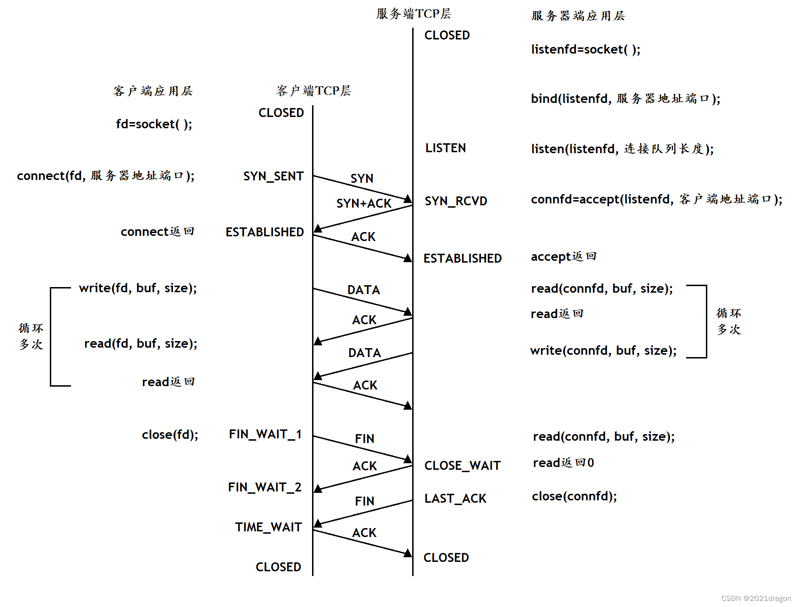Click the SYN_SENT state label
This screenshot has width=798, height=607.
tap(273, 177)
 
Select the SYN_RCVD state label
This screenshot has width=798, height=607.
tap(455, 202)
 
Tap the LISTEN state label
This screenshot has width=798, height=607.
tap(445, 148)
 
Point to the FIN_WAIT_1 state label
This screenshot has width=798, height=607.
tap(265, 435)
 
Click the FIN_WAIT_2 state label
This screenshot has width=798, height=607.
tap(264, 488)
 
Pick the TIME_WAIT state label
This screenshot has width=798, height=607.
tap(268, 528)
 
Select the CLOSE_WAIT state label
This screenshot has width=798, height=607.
tap(462, 466)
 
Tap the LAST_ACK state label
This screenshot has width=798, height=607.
tap(455, 499)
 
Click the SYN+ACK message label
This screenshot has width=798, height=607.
tap(363, 204)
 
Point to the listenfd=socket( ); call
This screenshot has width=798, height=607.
tap(585, 50)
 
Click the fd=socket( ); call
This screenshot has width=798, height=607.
tap(154, 125)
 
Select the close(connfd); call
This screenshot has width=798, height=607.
tap(574, 497)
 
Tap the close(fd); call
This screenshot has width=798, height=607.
tap(170, 435)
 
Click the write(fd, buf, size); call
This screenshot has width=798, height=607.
tap(138, 288)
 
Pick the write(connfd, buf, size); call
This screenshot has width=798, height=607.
tap(603, 351)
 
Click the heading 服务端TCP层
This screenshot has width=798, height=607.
tap(413, 14)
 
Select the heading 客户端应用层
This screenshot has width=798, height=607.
tap(153, 91)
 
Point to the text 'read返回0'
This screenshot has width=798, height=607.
tap(563, 463)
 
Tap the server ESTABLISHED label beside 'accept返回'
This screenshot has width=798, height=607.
tap(462, 259)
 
